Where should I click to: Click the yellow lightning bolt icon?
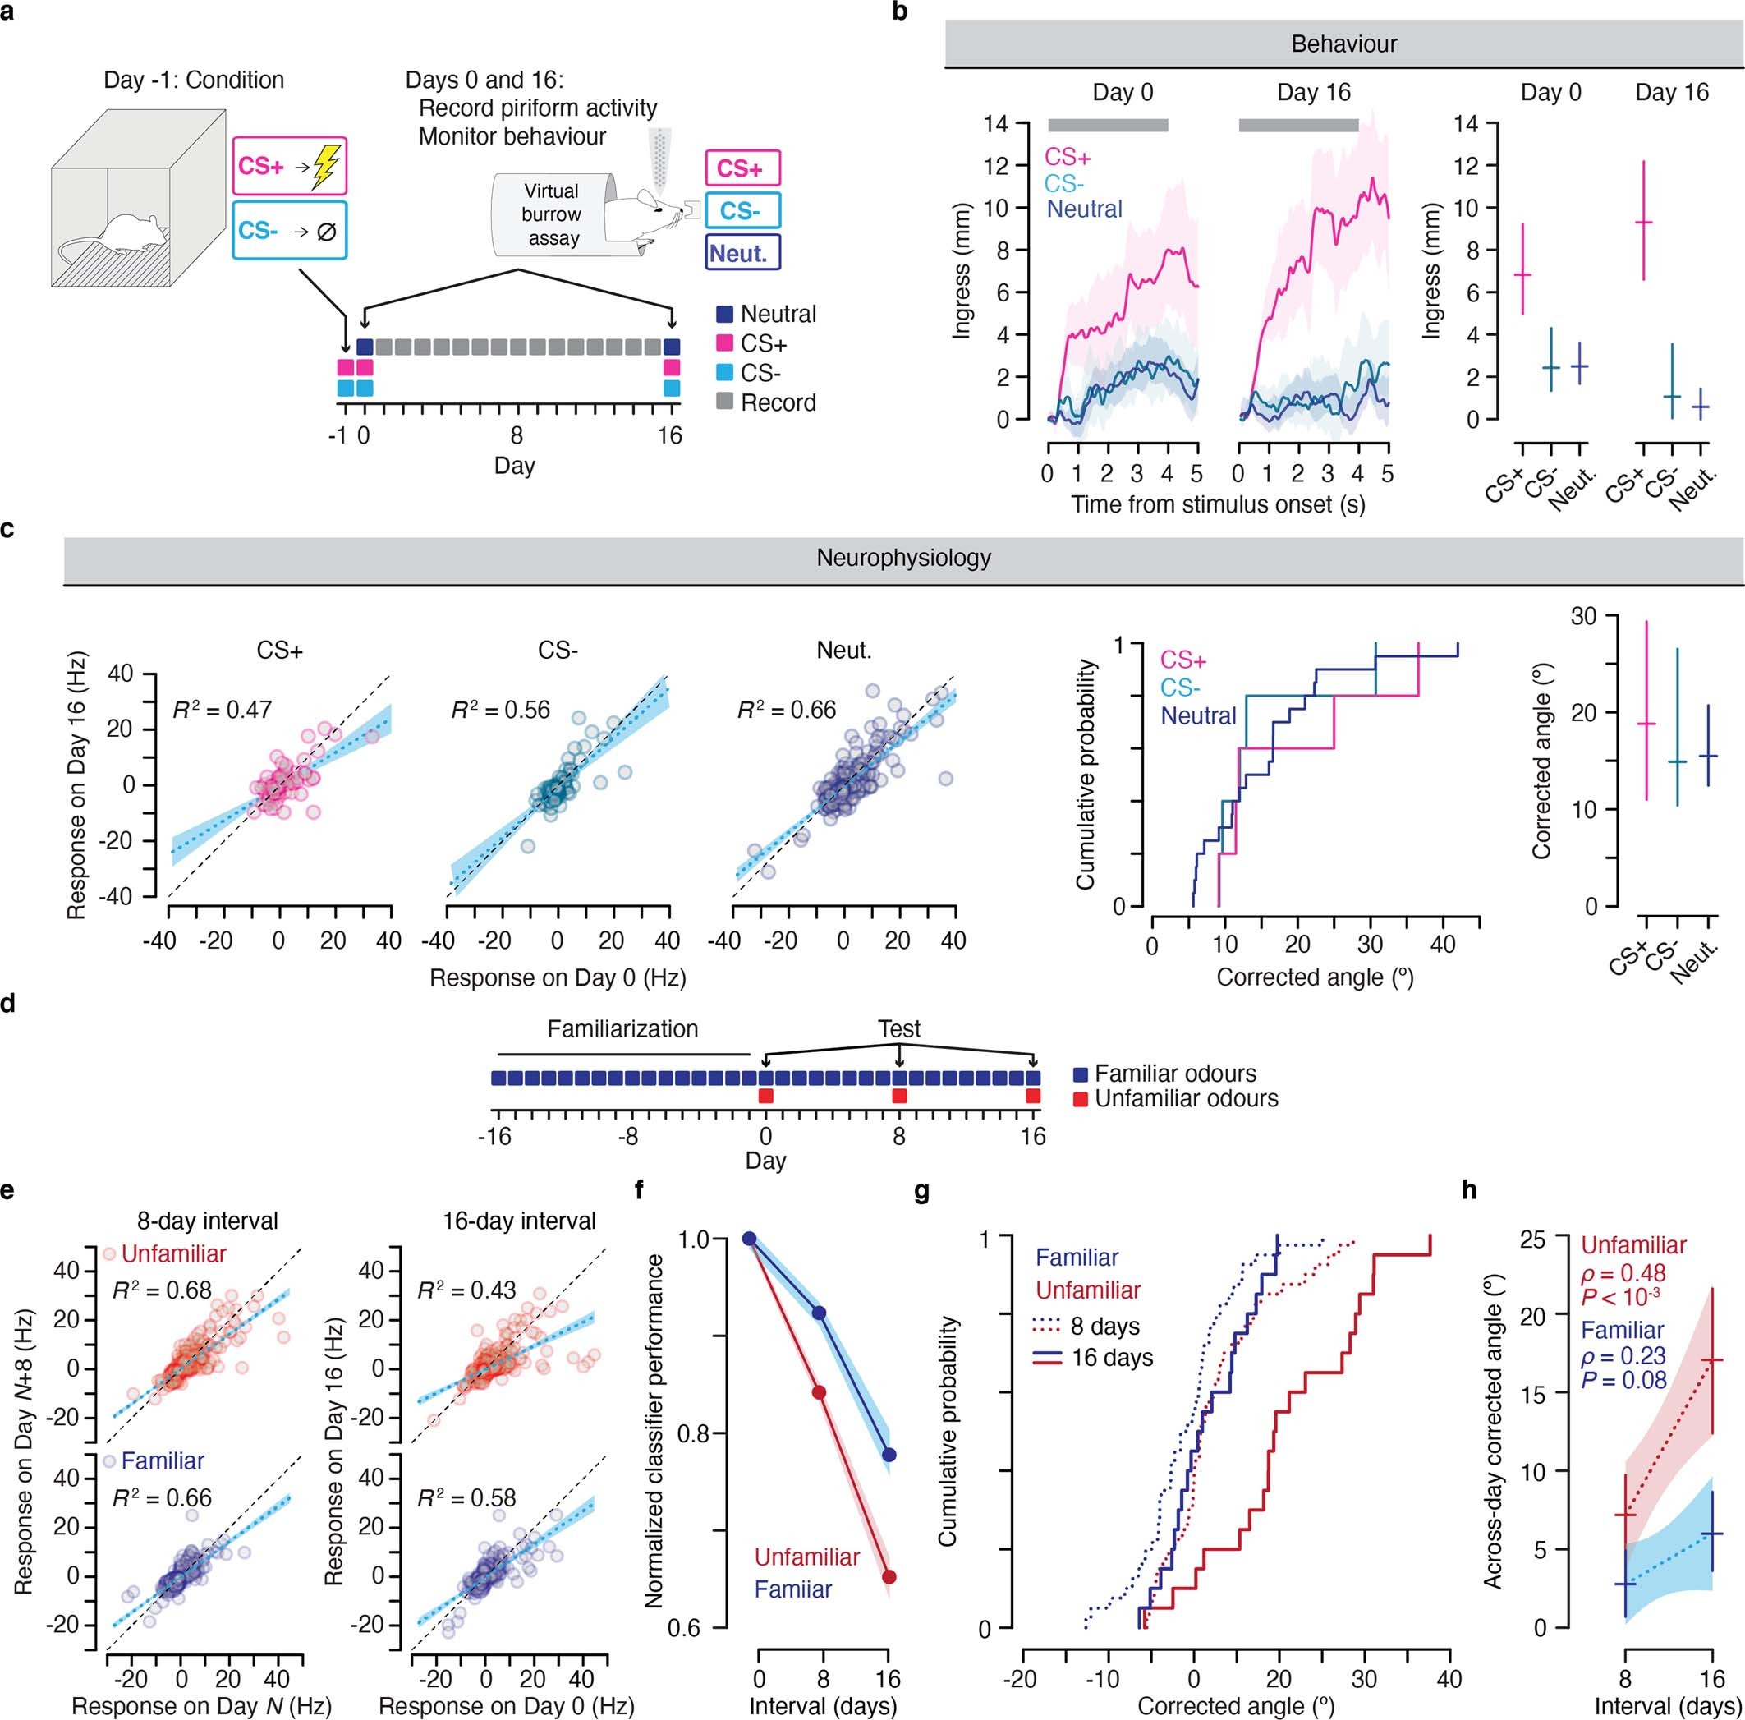(x=323, y=168)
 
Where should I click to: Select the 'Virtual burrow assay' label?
(x=551, y=215)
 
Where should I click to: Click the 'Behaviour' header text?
(x=1344, y=44)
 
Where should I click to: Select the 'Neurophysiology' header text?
(x=903, y=558)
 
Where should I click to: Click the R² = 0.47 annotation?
(x=223, y=710)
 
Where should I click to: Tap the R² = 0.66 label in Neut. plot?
(x=787, y=710)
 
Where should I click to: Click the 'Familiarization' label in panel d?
(x=622, y=1029)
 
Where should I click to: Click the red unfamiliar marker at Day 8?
(x=898, y=1096)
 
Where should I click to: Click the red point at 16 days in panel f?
(x=889, y=1576)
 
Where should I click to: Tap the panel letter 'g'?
(x=922, y=1191)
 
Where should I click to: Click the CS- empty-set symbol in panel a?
(x=327, y=232)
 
